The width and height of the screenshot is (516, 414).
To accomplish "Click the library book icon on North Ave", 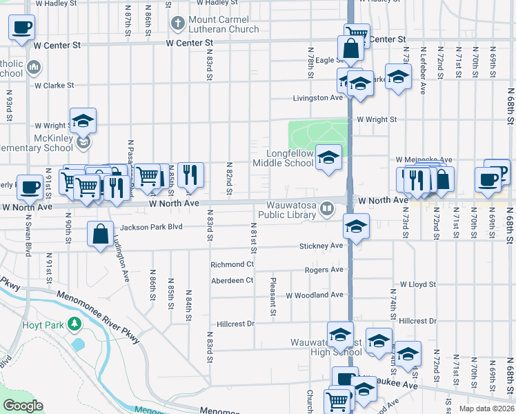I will tap(328, 206).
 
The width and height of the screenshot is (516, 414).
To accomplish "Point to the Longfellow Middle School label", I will tap(283, 158).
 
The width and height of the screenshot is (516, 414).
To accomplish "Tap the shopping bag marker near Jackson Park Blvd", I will tap(101, 233).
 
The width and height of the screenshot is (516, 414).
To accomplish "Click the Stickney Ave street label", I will tap(321, 246).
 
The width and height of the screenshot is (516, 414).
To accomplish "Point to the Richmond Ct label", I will tap(232, 264).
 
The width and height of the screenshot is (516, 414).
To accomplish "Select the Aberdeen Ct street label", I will tap(232, 280).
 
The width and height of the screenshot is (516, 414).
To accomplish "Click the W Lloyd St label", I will tap(418, 284).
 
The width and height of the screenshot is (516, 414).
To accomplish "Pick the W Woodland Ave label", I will tap(314, 295).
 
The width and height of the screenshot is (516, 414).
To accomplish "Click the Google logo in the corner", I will tap(23, 406).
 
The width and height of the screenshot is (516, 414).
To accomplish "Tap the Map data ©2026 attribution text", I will tap(486, 408).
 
